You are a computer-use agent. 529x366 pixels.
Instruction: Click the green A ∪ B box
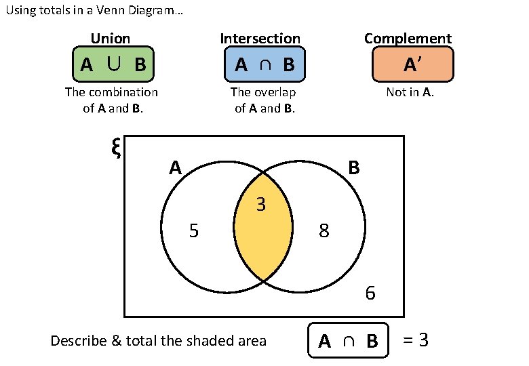click(x=113, y=64)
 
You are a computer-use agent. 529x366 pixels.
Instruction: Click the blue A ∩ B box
click(x=264, y=64)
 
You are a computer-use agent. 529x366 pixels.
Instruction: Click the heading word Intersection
click(x=260, y=39)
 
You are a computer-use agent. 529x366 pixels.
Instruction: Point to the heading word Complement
click(x=408, y=39)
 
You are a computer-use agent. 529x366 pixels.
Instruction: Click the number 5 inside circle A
click(x=194, y=232)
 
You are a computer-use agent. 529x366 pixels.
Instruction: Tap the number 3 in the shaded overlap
click(x=260, y=204)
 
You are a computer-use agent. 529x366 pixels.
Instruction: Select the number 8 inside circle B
click(x=324, y=232)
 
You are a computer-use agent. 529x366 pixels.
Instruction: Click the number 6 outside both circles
click(x=370, y=293)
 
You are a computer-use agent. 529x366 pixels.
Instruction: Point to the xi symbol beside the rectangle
click(x=115, y=148)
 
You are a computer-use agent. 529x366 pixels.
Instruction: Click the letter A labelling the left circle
click(x=176, y=167)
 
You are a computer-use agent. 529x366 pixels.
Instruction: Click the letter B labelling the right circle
click(x=353, y=167)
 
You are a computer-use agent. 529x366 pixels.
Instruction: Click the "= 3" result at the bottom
click(x=416, y=340)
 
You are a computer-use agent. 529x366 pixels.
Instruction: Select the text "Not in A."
click(x=410, y=92)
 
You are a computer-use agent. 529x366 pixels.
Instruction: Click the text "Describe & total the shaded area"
click(x=159, y=340)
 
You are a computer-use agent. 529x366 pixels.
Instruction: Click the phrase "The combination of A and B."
click(x=112, y=100)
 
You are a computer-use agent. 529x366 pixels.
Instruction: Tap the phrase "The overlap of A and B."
click(x=264, y=100)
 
